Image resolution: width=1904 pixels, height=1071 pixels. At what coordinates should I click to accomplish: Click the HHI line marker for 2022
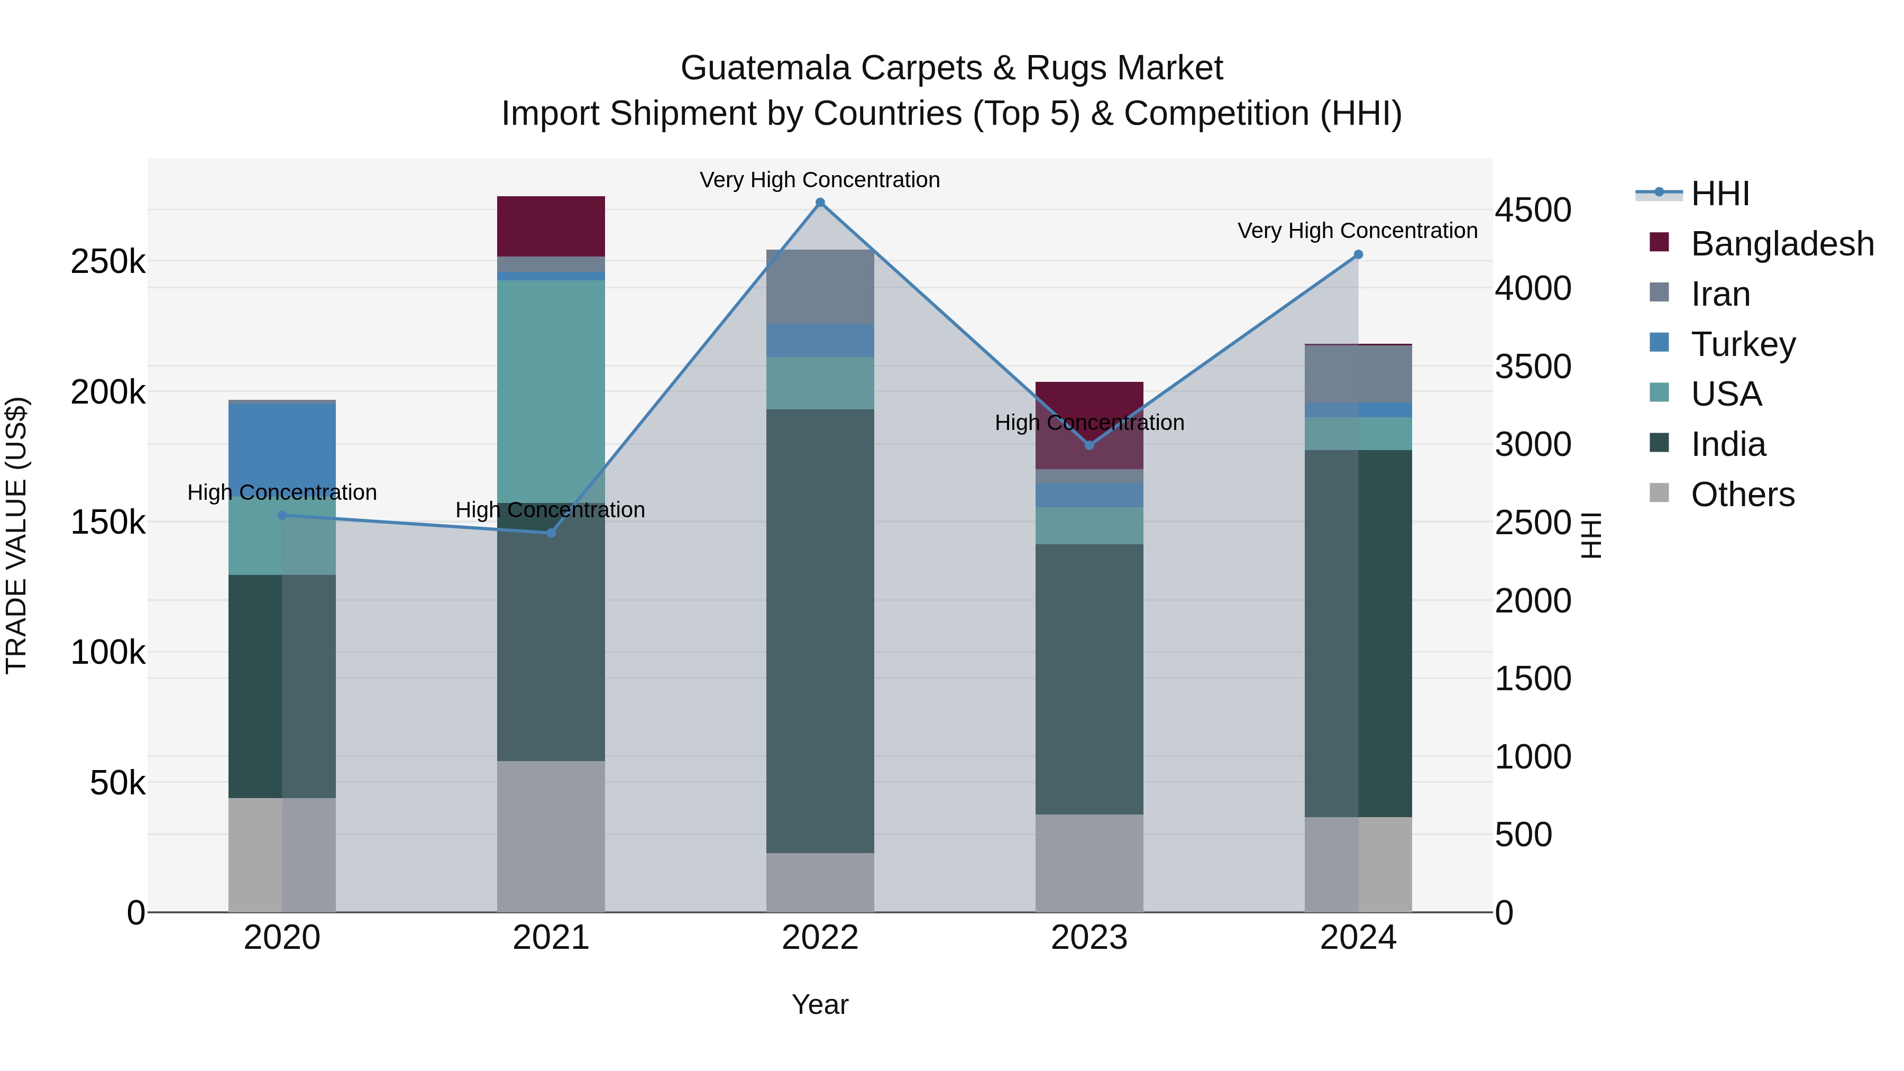coord(820,203)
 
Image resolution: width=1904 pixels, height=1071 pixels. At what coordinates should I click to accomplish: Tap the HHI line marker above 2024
coord(1358,254)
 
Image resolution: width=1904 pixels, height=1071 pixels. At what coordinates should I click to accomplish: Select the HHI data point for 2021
coord(551,533)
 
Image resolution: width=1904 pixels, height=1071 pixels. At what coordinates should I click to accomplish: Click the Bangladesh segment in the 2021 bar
coord(551,226)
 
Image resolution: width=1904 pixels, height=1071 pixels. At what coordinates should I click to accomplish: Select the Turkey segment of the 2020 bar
coord(281,444)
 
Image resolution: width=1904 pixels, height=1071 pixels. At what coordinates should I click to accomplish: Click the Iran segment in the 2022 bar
coord(820,287)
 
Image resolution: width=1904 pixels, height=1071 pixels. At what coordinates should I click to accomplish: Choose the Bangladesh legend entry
coord(1781,244)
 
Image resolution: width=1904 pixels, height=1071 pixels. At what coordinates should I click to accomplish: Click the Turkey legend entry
coord(1742,344)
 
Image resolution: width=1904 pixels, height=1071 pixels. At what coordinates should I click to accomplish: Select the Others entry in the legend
coord(1742,495)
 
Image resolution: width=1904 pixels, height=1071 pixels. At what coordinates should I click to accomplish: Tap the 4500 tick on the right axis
coord(1533,210)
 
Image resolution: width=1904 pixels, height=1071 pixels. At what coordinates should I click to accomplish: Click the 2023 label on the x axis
coord(1089,938)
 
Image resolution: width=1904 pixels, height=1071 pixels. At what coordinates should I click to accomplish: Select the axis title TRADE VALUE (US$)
coord(16,535)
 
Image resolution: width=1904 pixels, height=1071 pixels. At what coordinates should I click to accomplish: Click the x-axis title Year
coord(820,1004)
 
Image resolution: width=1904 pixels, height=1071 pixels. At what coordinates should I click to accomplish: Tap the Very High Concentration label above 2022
coord(820,180)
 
